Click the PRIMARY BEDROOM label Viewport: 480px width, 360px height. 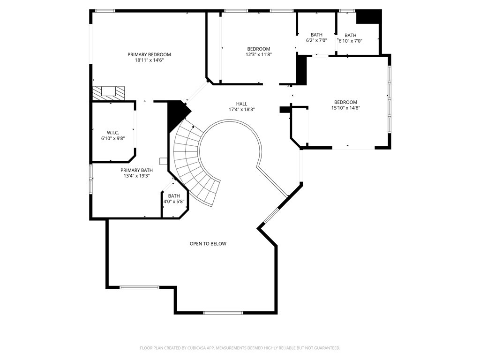[x=149, y=54]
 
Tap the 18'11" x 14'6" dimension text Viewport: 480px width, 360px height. [x=149, y=60]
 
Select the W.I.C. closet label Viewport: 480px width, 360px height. [x=113, y=133]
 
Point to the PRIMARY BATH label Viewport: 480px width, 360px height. [x=136, y=170]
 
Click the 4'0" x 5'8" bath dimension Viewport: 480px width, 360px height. [x=174, y=202]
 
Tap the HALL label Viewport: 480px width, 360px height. [x=241, y=104]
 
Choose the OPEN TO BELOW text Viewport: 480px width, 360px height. [x=208, y=244]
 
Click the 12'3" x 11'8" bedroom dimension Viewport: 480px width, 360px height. [x=259, y=54]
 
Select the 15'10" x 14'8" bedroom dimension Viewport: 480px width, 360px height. [x=345, y=108]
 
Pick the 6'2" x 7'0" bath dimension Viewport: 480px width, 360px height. [x=316, y=40]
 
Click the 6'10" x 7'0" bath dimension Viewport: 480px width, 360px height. [x=351, y=41]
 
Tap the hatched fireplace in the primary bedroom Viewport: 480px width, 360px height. [x=109, y=93]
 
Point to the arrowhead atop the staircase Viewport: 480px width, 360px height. [x=193, y=126]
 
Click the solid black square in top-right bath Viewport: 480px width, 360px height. [x=368, y=17]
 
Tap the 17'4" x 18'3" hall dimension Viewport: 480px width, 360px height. [x=241, y=109]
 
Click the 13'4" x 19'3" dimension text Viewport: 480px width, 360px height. [x=136, y=176]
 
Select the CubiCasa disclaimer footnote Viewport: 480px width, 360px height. [x=240, y=348]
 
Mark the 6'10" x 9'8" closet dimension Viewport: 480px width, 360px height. [x=113, y=138]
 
